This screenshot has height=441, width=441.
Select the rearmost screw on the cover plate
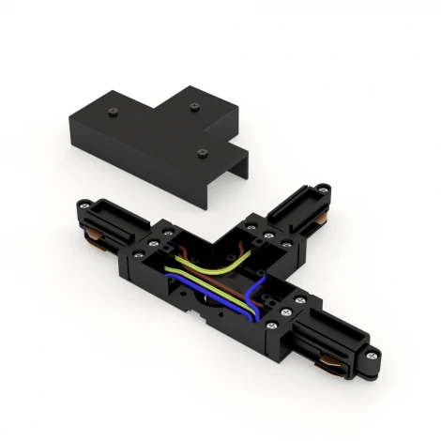click(x=193, y=107)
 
